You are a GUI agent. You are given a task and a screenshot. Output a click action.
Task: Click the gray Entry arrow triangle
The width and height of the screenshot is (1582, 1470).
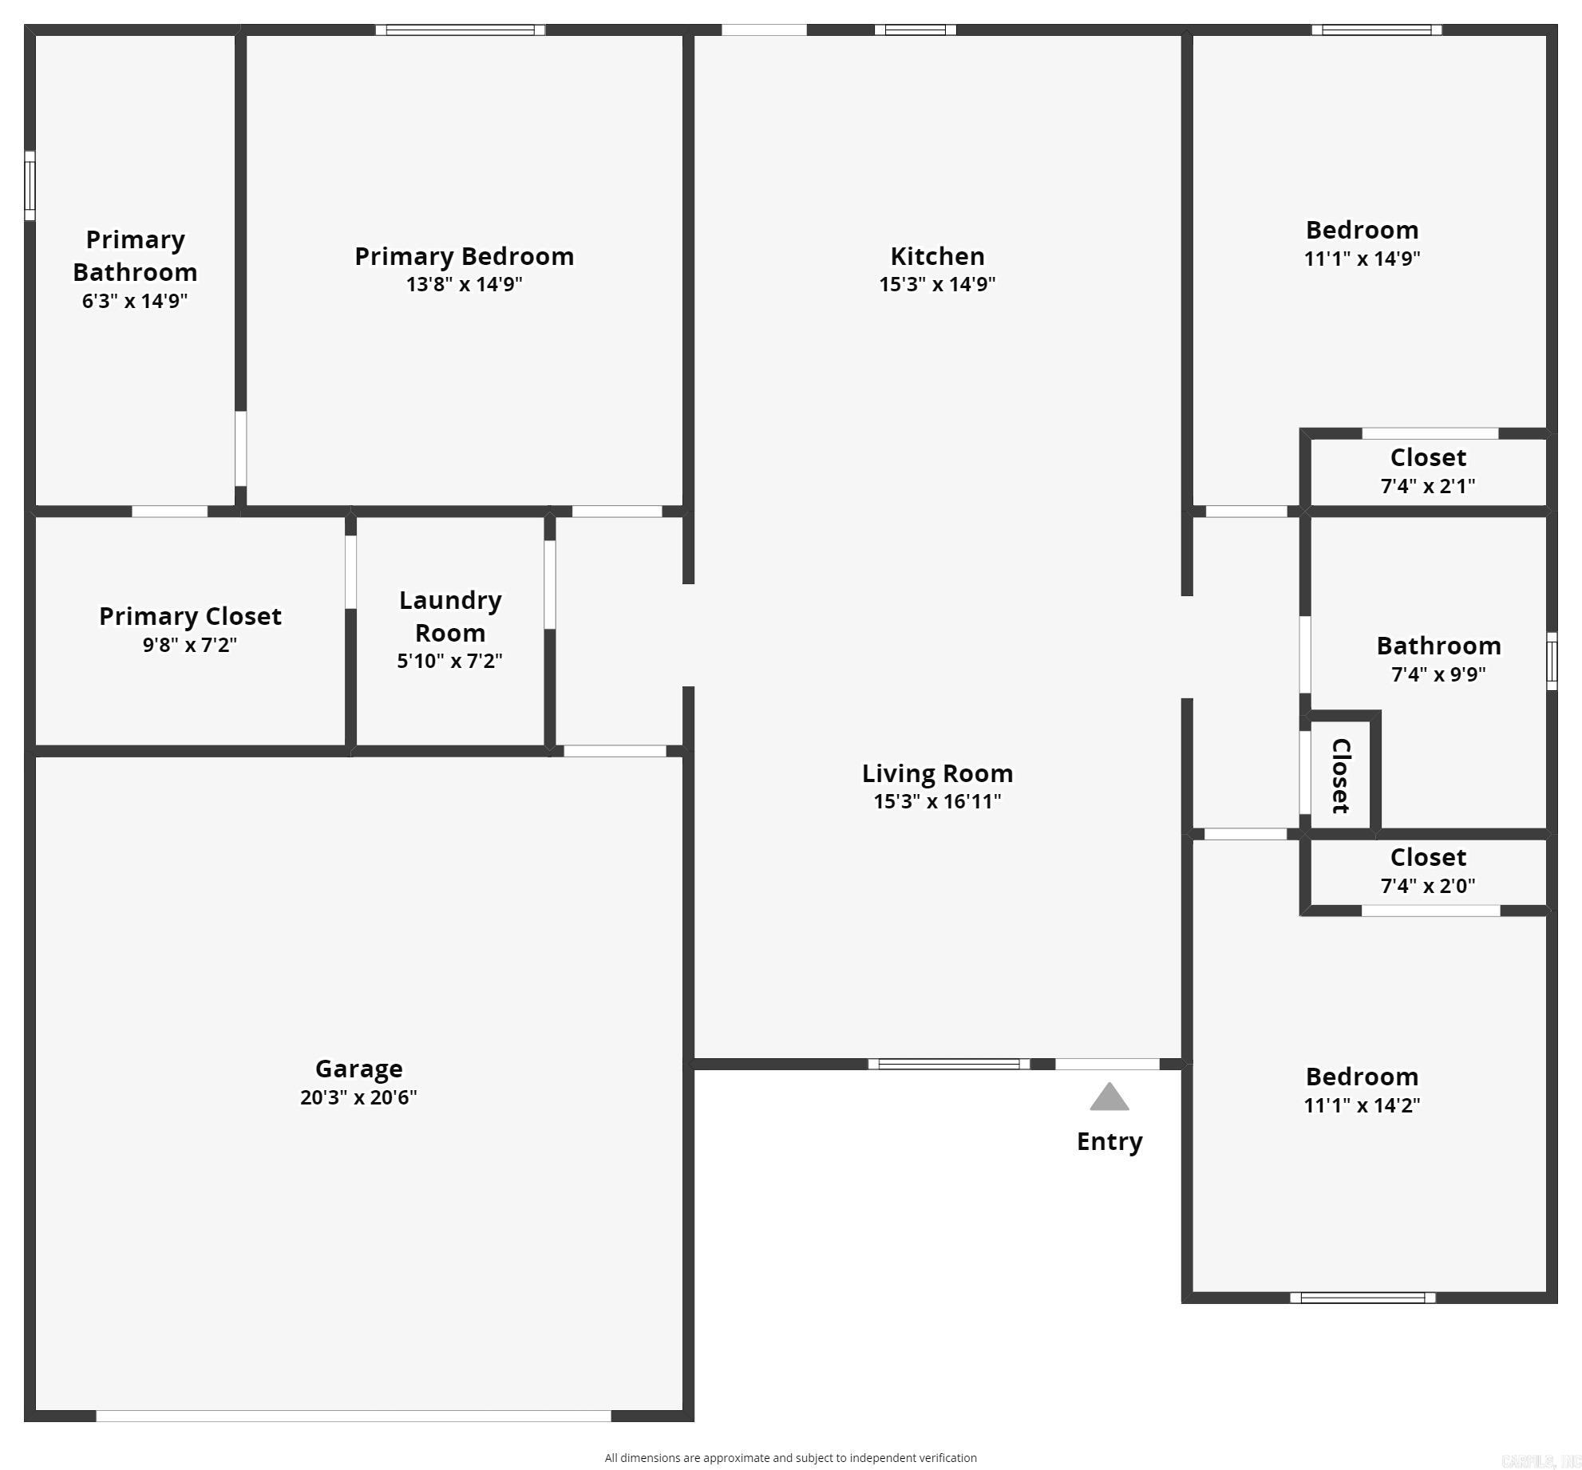(1109, 1098)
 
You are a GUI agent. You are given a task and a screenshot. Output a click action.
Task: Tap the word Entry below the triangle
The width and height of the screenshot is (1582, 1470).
(1109, 1141)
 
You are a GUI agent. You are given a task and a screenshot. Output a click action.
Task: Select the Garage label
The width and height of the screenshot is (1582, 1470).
(358, 1068)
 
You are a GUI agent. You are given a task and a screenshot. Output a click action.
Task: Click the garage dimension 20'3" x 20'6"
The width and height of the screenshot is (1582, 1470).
(358, 1097)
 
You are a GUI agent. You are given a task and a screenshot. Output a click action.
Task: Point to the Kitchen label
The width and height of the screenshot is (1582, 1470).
(937, 256)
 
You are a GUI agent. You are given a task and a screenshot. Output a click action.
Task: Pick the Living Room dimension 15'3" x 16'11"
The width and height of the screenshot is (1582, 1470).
(937, 801)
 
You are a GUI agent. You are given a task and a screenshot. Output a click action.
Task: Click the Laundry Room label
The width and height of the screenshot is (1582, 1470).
(450, 616)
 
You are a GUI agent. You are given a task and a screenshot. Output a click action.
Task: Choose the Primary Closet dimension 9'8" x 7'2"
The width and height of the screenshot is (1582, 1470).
(190, 645)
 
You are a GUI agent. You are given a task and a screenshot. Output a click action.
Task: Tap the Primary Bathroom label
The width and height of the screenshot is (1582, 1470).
(135, 255)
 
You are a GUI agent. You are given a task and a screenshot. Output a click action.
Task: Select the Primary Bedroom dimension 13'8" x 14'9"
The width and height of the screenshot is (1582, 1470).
(464, 284)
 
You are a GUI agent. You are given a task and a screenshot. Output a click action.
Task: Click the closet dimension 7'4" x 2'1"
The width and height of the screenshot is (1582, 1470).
(1428, 486)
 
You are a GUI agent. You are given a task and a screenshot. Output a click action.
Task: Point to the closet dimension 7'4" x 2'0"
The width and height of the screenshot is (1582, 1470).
(1428, 885)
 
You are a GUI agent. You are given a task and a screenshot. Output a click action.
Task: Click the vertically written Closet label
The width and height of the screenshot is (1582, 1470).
(1341, 776)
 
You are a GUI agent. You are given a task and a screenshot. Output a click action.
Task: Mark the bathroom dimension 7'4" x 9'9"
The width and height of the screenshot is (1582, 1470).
(1438, 674)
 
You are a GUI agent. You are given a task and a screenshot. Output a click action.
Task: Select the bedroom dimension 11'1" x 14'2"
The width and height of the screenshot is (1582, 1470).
(1362, 1105)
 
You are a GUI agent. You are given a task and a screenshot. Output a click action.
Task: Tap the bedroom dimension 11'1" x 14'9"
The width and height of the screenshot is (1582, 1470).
(1362, 259)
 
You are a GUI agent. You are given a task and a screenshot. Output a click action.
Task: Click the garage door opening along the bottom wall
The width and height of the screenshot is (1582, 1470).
(354, 1416)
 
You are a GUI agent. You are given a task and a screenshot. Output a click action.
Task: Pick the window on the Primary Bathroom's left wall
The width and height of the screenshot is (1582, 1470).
(30, 185)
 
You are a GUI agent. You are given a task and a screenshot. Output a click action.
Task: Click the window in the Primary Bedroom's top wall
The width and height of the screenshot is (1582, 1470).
(461, 30)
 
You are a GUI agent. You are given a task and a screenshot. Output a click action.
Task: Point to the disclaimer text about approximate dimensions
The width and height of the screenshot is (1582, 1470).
(790, 1457)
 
